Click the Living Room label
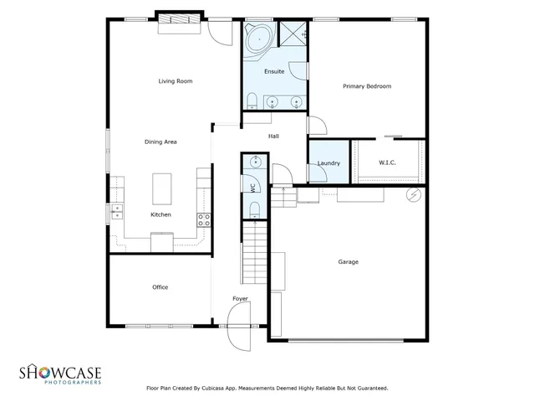(176, 81)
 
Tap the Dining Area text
(160, 142)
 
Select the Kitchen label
(160, 214)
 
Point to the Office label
(160, 287)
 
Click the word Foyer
(240, 299)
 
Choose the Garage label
(348, 262)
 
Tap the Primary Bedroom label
(367, 86)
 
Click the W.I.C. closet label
(387, 162)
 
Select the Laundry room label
(329, 162)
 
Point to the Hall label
(273, 136)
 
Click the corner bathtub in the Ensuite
(258, 37)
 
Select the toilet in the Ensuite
(252, 102)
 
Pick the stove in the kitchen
(202, 220)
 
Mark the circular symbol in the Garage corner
(411, 195)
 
